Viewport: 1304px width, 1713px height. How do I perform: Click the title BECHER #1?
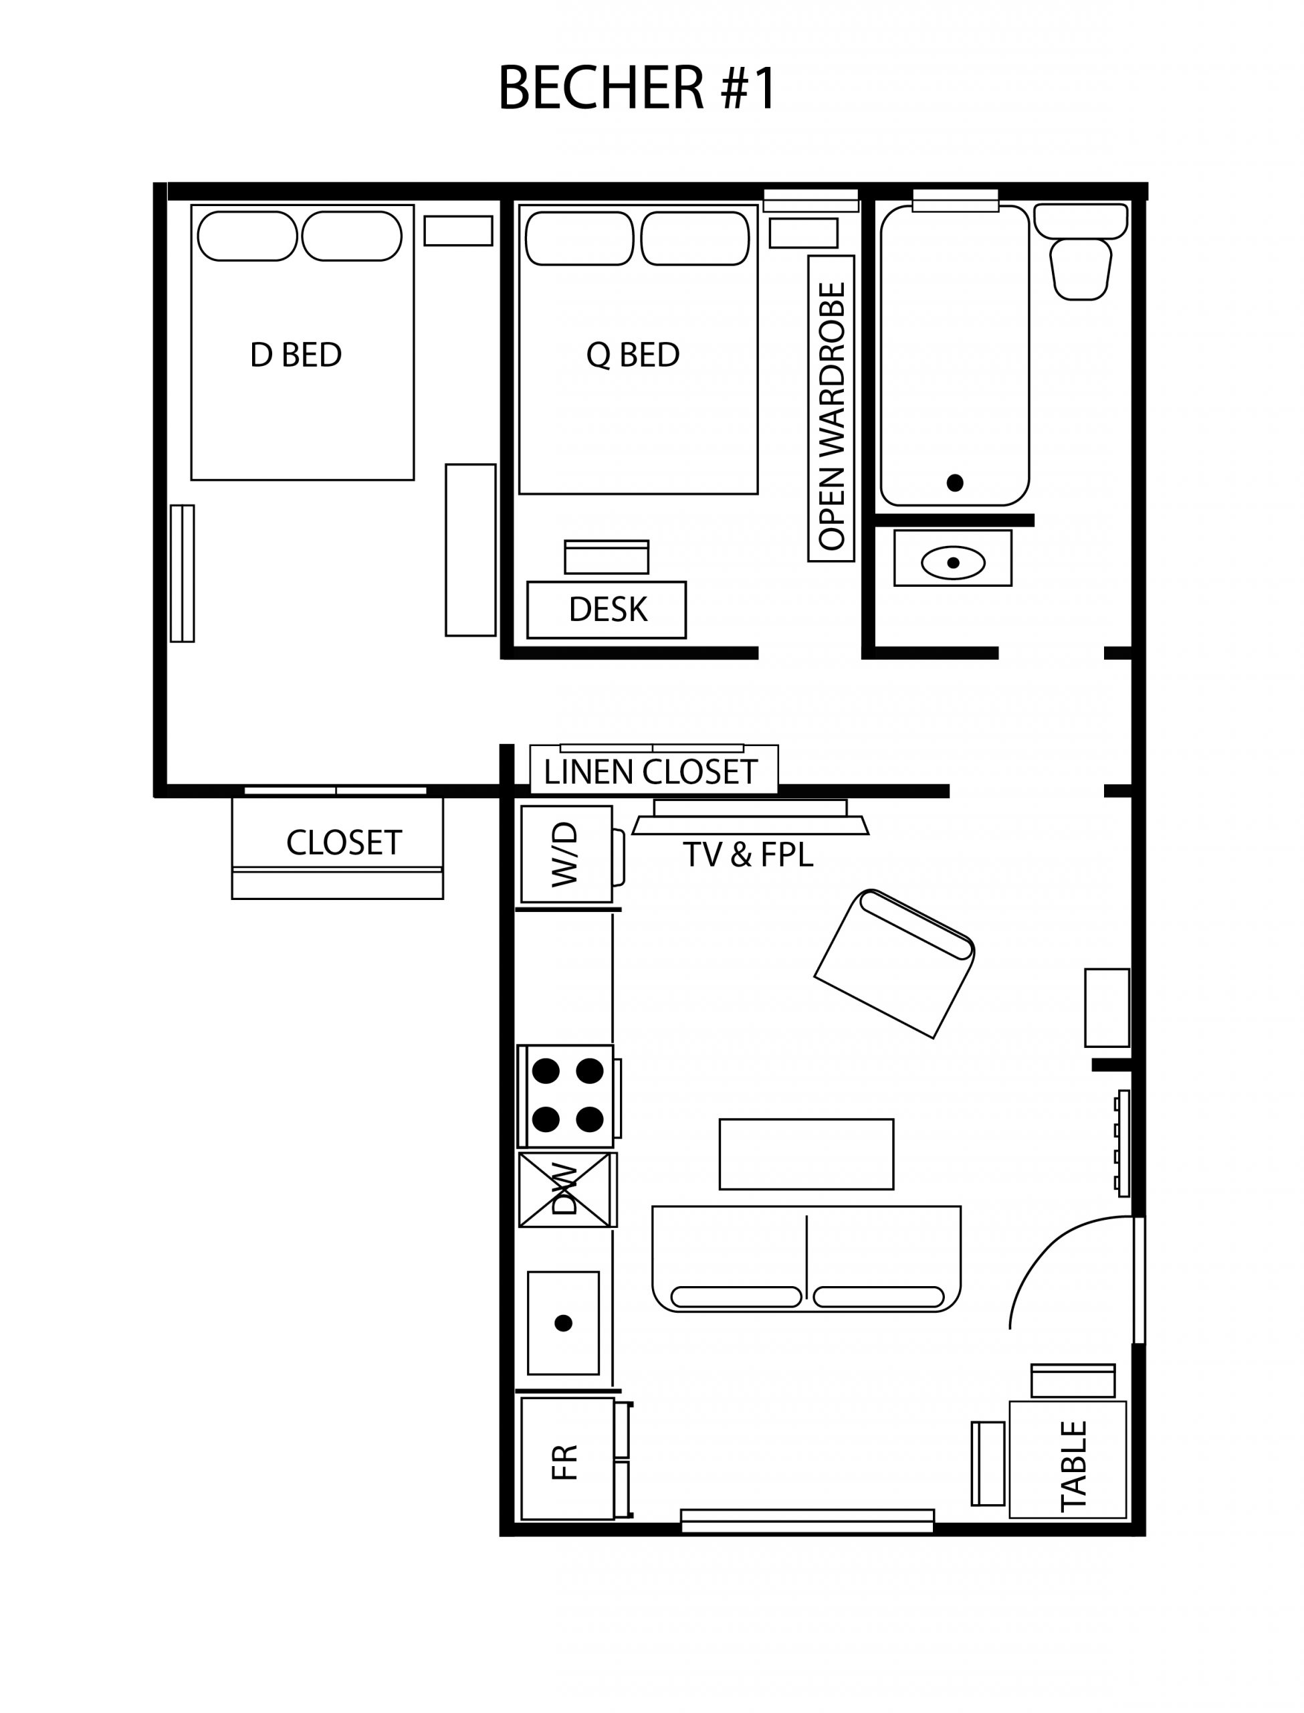tap(637, 88)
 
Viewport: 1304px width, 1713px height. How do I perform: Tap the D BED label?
tap(296, 355)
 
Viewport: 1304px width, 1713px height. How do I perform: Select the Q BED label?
tap(633, 355)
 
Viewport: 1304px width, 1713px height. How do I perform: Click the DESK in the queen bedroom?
tap(607, 610)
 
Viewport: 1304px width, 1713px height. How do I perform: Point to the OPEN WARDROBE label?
tap(831, 416)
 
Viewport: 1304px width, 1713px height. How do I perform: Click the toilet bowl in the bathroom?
tap(1081, 270)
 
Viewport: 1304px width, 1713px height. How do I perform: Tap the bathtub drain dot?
tap(955, 482)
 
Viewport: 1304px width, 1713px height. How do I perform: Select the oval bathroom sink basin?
tap(953, 563)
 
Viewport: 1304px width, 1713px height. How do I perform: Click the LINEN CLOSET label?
tap(651, 772)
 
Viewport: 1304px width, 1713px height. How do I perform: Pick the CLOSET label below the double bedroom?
tap(344, 842)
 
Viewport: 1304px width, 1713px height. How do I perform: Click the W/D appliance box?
tap(566, 854)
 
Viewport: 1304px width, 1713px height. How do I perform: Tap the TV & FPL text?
tap(748, 855)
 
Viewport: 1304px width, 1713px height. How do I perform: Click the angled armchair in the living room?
tap(894, 963)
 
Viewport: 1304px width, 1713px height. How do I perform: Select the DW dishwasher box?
tap(565, 1190)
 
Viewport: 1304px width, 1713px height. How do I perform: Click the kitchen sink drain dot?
tap(564, 1323)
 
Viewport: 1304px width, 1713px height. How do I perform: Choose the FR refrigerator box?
tap(566, 1462)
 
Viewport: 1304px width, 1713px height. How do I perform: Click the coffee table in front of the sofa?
tap(806, 1154)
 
